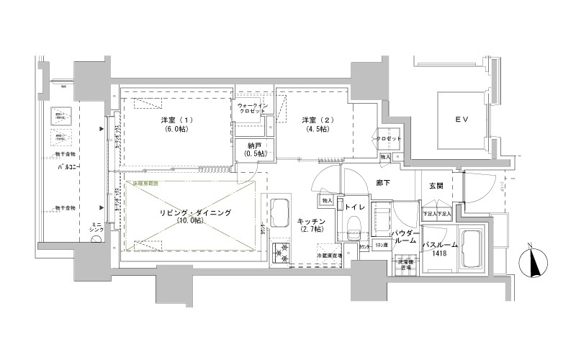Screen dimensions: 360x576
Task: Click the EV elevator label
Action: point(462,120)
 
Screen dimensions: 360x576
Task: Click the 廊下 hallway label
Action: point(383,184)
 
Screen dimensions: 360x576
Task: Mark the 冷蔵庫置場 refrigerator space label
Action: point(329,256)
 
